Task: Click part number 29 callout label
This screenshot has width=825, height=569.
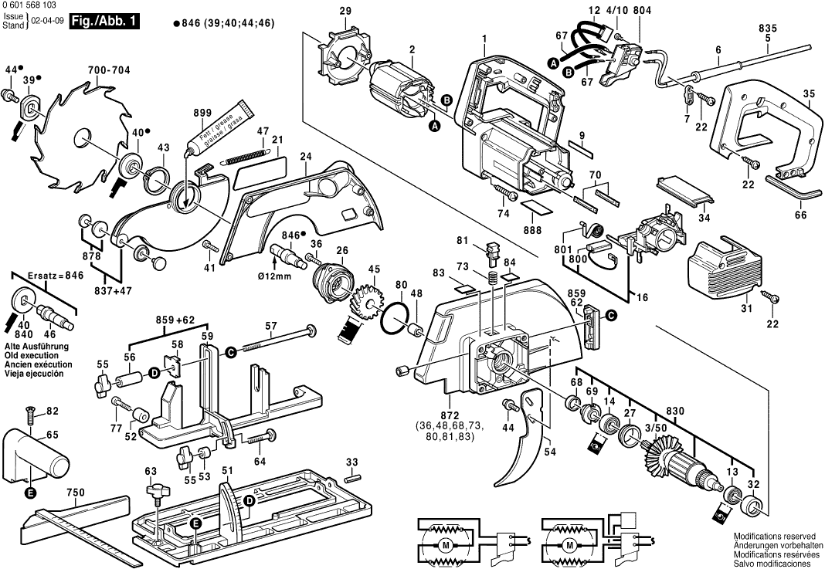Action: coord(345,11)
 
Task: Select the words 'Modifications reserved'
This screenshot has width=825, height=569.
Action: coord(774,536)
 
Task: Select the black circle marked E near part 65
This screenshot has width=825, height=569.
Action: coord(29,492)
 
